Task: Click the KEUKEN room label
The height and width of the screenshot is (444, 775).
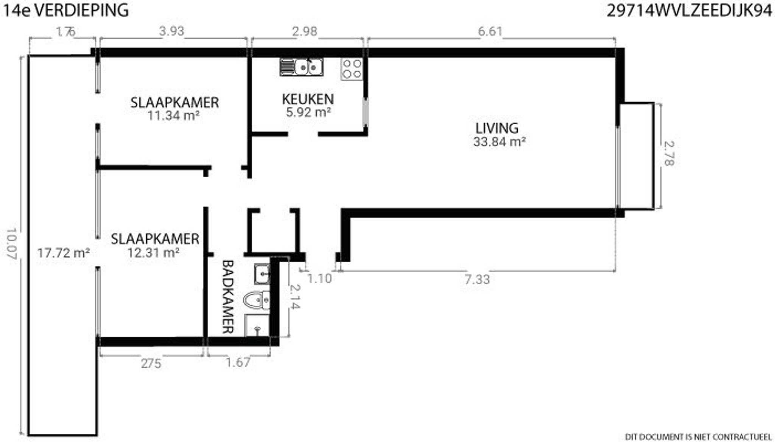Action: (308, 99)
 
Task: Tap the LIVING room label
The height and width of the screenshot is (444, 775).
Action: (497, 128)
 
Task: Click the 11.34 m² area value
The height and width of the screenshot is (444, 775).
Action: (174, 115)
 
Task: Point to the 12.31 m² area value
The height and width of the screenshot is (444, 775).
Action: (153, 252)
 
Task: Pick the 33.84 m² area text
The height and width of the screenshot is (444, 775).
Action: (499, 142)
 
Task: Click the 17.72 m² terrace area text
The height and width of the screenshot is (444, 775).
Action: (64, 253)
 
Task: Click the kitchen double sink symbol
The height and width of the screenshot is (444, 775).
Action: (302, 67)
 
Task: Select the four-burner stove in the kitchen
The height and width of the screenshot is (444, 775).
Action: (352, 69)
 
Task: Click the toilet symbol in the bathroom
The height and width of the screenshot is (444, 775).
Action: (256, 301)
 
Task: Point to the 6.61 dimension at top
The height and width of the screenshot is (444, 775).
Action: (490, 31)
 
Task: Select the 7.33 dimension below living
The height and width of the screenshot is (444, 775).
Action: (477, 280)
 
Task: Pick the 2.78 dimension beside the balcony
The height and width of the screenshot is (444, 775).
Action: (669, 153)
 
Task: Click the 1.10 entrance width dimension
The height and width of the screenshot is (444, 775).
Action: (319, 279)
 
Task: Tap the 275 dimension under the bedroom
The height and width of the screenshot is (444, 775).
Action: (151, 363)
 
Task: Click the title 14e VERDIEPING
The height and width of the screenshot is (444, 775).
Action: (66, 10)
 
